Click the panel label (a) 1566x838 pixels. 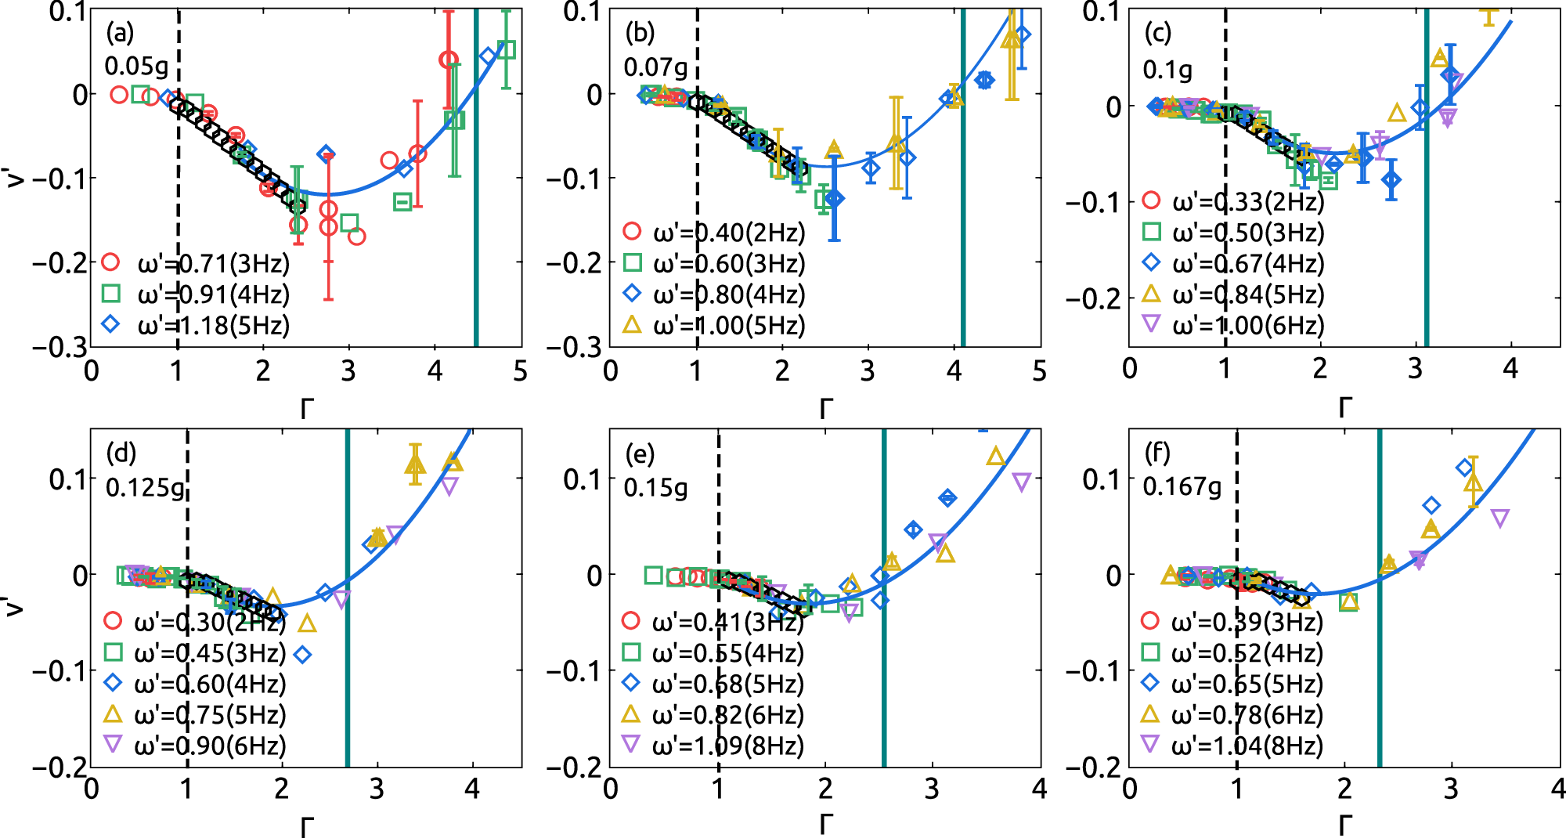click(x=120, y=33)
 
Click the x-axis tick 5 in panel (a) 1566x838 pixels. click(x=520, y=371)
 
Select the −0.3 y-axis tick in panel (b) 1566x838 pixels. click(x=575, y=347)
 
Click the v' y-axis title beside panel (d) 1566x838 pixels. click(x=13, y=605)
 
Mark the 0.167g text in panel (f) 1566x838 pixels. click(x=1182, y=487)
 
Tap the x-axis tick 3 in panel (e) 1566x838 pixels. click(x=932, y=789)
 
